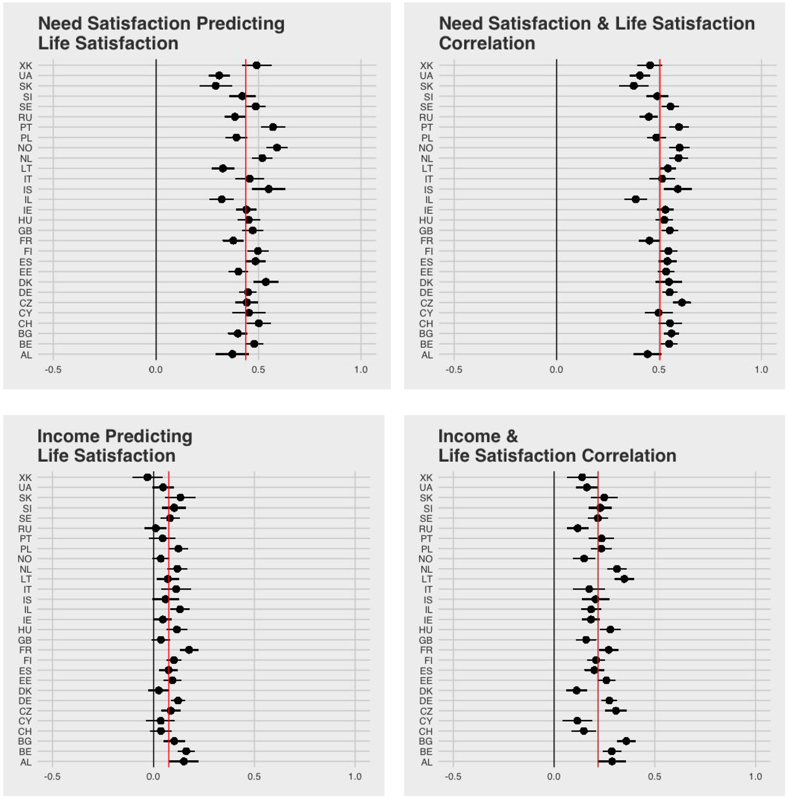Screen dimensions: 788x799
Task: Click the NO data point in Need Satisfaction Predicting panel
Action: pos(277,148)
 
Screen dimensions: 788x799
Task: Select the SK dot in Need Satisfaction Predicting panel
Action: pos(215,86)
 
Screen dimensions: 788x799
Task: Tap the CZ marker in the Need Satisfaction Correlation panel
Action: pos(682,303)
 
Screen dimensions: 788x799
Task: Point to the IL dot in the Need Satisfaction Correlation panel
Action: pos(635,199)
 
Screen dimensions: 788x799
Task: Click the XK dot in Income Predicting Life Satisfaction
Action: pos(147,477)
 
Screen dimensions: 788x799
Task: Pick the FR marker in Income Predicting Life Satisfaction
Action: pos(189,650)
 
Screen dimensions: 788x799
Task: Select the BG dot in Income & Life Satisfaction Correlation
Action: pos(626,741)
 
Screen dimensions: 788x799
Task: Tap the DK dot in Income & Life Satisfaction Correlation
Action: pos(576,690)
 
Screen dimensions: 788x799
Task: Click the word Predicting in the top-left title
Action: pos(240,24)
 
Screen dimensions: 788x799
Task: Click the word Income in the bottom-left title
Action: pos(68,436)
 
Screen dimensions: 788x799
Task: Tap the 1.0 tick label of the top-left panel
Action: pos(361,370)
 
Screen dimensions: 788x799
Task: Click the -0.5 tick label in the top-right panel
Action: pos(454,370)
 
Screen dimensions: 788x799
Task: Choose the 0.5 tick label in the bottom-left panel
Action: pos(254,777)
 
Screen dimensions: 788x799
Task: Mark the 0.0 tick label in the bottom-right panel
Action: pos(554,777)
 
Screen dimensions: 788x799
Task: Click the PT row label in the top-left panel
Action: pos(26,127)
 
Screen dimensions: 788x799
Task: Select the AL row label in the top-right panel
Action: pos(427,355)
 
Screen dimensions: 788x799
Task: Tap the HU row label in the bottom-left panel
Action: pos(25,630)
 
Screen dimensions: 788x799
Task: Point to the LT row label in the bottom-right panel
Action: pos(427,579)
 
